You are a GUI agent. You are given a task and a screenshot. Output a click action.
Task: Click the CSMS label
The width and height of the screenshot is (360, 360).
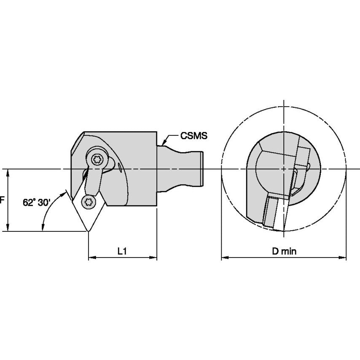click(194, 136)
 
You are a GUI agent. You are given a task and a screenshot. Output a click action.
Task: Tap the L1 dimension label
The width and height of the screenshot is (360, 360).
click(122, 252)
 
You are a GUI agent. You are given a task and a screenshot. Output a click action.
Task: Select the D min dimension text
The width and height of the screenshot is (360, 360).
click(284, 252)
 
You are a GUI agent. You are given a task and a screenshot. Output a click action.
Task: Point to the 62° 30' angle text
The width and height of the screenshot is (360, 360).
click(37, 202)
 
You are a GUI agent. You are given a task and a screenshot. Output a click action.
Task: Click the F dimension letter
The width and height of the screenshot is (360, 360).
click(2, 200)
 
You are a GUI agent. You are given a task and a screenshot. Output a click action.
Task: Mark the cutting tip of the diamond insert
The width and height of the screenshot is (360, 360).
click(88, 231)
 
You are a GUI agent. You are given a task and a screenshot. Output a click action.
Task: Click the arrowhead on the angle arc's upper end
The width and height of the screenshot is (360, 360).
click(65, 194)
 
